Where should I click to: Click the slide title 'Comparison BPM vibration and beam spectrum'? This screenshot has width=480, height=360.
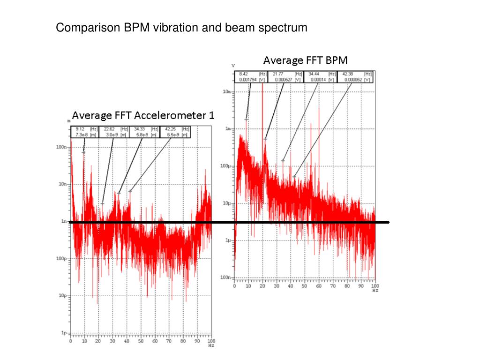181,28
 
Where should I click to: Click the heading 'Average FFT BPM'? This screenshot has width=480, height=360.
305,60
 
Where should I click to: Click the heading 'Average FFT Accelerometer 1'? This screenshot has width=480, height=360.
143,115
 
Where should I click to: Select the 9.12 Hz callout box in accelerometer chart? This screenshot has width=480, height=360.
85,132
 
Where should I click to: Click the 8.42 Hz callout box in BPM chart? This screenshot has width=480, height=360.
252,77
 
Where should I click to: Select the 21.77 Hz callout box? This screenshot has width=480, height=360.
285,77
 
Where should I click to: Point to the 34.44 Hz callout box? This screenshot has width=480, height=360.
321,77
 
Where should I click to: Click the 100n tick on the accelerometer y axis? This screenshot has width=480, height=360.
61,147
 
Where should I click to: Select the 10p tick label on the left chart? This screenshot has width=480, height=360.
62,296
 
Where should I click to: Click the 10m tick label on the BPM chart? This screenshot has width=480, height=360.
226,92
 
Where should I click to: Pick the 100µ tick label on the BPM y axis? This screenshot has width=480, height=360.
225,166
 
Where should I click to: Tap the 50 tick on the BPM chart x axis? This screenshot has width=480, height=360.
305,286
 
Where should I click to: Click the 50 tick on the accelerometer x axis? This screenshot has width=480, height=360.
141,341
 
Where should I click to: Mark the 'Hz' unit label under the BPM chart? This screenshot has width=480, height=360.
375,291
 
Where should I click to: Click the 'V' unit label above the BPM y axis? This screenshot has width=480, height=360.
233,65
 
